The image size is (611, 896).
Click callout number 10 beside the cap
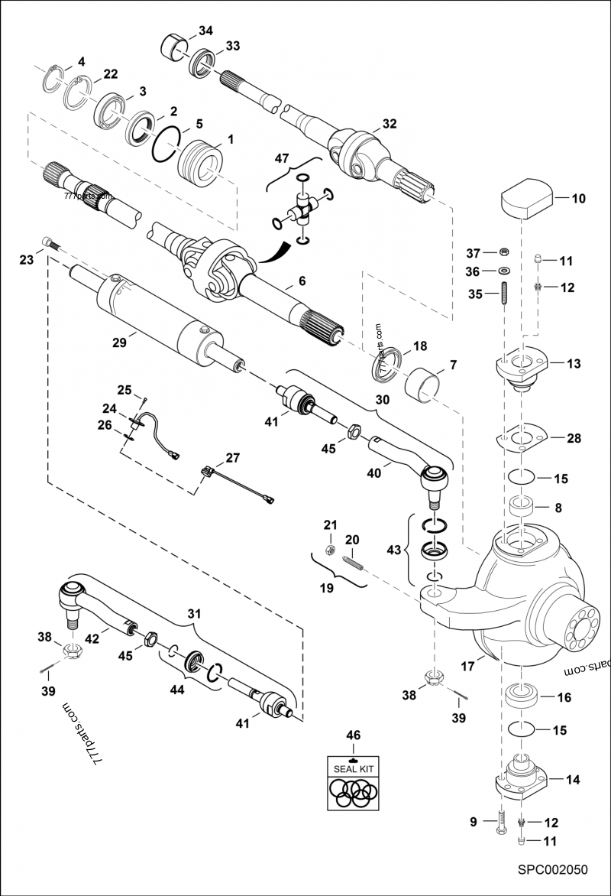(x=578, y=198)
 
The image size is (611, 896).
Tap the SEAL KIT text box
(x=353, y=768)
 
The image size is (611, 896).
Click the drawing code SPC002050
(x=551, y=869)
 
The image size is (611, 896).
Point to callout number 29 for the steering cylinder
(x=119, y=344)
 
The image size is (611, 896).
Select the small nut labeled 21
(x=328, y=550)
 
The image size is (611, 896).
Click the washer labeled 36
(x=504, y=271)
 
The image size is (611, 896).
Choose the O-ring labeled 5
(x=165, y=145)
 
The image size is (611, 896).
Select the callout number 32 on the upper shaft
(x=390, y=123)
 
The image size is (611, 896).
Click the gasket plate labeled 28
(x=522, y=438)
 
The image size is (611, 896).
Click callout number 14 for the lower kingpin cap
(x=572, y=780)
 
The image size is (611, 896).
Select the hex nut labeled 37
(x=504, y=252)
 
